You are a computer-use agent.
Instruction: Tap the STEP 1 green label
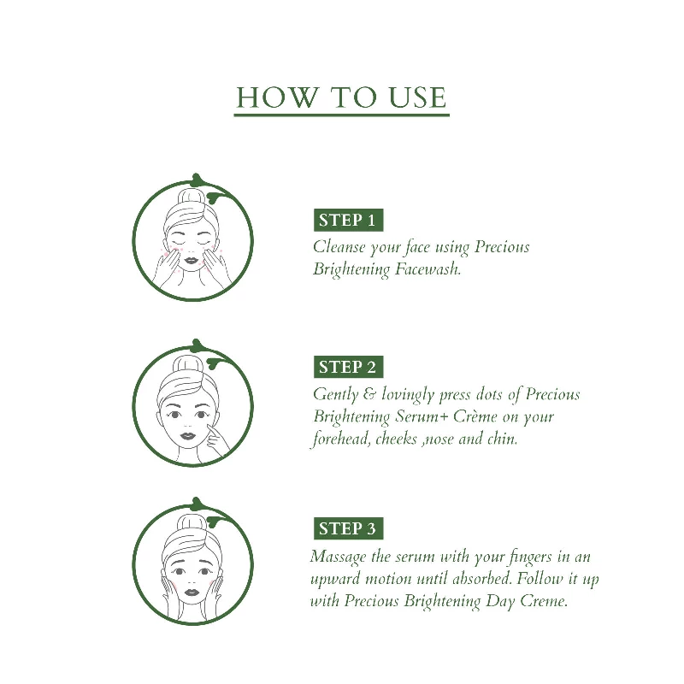tap(347, 221)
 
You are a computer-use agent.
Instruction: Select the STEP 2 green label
tap(347, 368)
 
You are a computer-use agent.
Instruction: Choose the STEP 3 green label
tap(347, 529)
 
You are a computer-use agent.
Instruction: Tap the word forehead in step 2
tap(339, 440)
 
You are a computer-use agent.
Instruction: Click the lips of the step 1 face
tap(192, 264)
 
